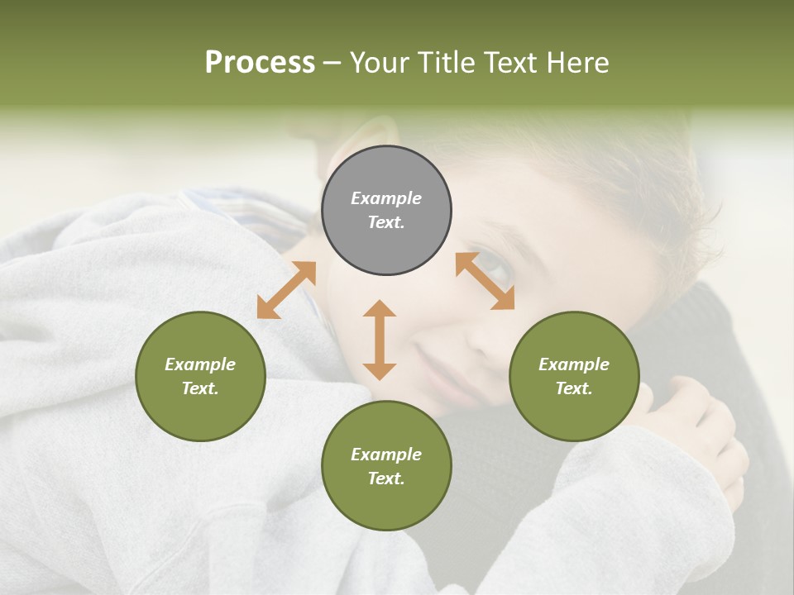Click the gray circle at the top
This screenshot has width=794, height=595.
(386, 210)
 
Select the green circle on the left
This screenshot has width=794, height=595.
(200, 376)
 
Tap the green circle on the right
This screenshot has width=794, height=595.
(574, 376)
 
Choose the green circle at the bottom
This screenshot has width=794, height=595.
(386, 466)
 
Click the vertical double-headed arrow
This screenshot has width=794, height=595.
(380, 340)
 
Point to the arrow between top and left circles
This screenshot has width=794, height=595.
(286, 290)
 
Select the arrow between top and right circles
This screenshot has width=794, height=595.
(485, 281)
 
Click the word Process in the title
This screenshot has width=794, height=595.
(260, 63)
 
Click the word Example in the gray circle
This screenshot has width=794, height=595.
(386, 198)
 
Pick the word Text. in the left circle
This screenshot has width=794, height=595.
(200, 388)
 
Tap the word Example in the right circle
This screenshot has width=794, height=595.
(574, 364)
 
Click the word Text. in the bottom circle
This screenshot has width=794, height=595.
(386, 478)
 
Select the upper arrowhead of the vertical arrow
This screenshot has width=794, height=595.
(380, 309)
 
